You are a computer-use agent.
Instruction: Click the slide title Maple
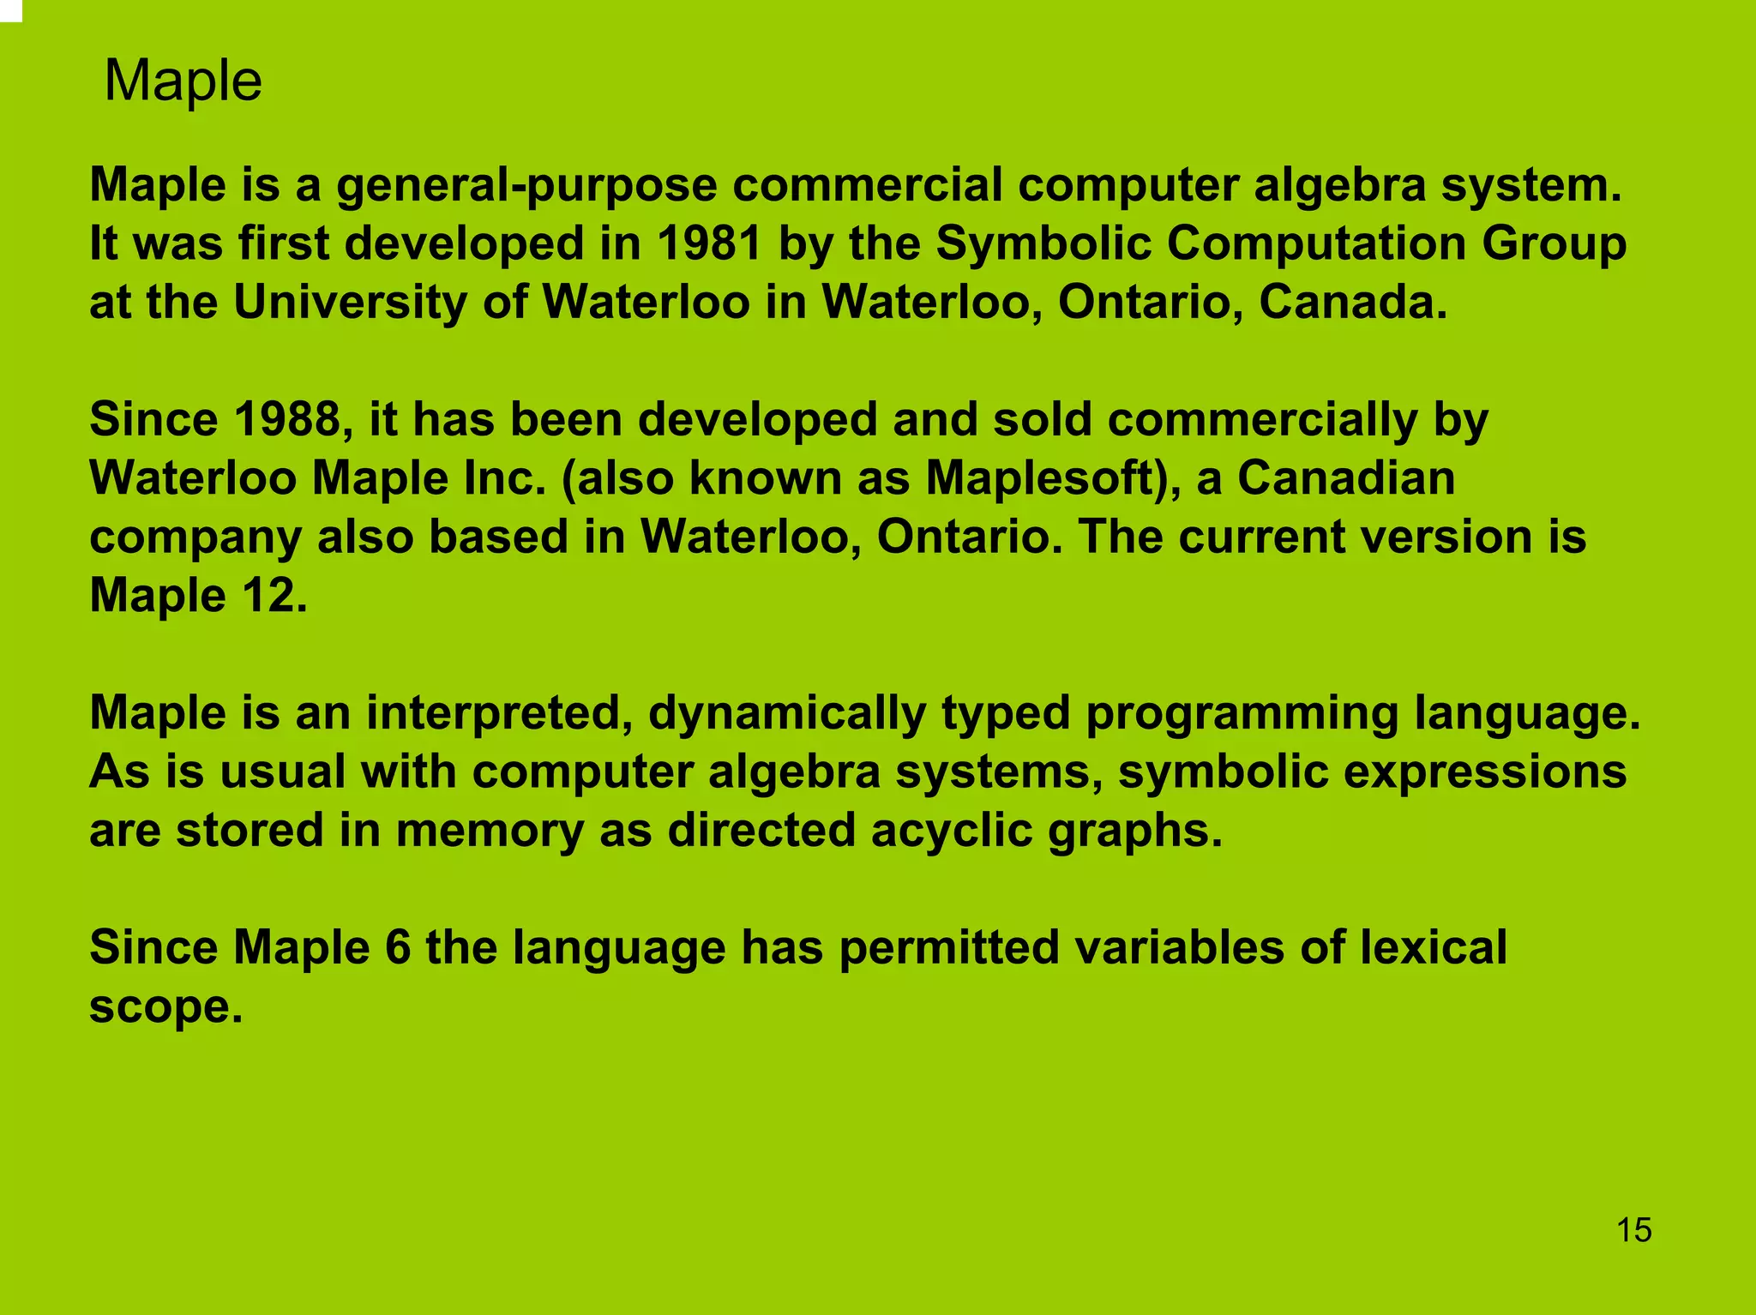click(183, 81)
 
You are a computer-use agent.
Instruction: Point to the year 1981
click(710, 243)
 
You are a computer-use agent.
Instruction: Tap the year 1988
click(282, 420)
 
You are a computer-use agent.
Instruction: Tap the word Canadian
click(1345, 478)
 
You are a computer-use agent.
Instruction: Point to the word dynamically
click(787, 713)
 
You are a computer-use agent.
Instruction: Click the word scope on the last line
click(165, 1006)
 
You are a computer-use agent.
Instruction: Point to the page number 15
click(1633, 1230)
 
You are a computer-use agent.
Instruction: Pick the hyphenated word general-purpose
click(526, 185)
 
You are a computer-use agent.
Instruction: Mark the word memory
click(489, 831)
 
